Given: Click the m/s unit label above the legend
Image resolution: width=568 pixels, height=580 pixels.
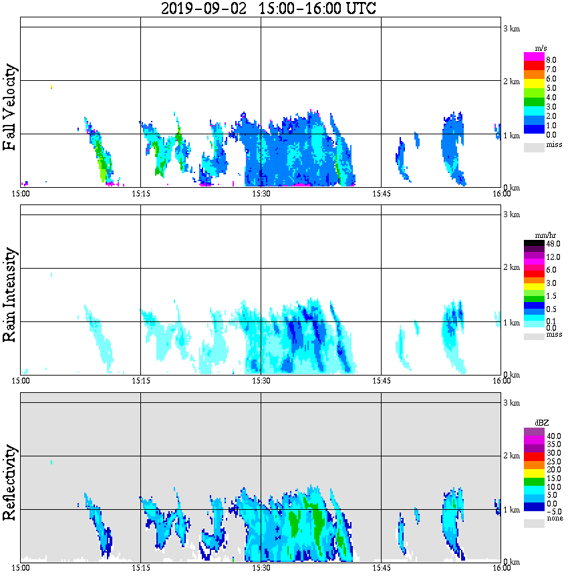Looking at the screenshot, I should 541,48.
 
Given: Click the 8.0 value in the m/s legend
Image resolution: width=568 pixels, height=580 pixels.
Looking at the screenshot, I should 551,60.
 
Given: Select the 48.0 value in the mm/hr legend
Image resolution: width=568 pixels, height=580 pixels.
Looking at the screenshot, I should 553,245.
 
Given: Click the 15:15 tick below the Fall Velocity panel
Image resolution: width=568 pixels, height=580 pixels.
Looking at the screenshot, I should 140,194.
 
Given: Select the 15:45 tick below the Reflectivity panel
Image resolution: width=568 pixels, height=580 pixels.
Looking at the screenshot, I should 381,568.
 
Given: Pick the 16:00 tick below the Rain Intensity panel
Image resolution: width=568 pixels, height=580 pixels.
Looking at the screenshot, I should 501,381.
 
